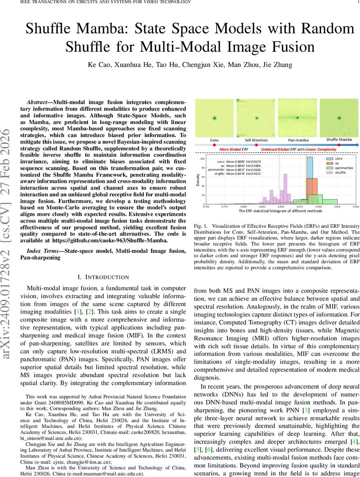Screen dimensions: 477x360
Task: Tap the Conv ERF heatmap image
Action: coord(215,117)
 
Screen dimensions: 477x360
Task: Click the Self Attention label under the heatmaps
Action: coord(256,140)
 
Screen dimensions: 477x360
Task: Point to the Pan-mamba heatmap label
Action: coord(298,140)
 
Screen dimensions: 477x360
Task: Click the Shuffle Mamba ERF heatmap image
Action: coord(339,117)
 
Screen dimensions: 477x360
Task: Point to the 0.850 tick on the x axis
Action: coord(281,207)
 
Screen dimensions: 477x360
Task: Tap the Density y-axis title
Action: coord(197,180)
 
